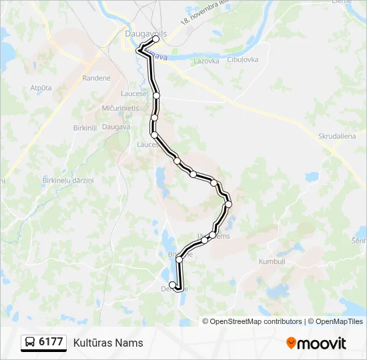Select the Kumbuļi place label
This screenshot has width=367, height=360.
272,262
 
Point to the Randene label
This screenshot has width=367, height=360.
97,78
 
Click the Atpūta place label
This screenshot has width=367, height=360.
41,88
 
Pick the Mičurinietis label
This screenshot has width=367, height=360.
120,107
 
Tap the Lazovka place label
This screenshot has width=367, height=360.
206,61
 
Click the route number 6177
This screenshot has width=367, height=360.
51,343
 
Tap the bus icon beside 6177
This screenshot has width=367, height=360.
30,343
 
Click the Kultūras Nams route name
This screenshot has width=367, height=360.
108,343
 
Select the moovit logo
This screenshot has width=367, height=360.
316,343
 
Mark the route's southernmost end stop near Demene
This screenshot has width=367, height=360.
173,285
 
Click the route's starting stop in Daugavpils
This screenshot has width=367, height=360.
156,39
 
